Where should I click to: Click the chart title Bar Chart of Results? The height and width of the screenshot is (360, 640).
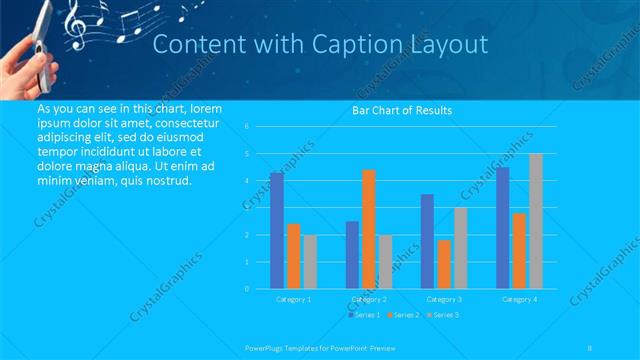pos(401,110)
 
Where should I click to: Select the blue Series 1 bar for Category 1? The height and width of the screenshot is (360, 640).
pos(277,230)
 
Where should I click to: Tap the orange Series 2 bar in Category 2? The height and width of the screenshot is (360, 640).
pos(369,229)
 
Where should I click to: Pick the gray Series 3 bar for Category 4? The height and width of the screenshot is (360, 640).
pos(536,221)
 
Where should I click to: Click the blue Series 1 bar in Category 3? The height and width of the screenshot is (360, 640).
pos(428,241)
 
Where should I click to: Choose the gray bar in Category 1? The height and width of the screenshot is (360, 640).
pos(310,262)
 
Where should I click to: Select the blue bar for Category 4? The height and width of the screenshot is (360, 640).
pos(503,228)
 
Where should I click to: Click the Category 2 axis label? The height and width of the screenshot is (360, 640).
pos(369,299)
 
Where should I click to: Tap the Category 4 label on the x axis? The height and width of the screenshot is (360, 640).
pos(519,299)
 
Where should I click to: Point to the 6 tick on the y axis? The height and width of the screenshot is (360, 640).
pos(246,127)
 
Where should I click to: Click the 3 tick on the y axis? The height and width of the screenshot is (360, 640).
pos(246,208)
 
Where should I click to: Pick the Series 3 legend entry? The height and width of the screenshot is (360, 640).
pos(442,315)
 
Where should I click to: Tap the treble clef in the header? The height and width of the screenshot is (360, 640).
pos(76,24)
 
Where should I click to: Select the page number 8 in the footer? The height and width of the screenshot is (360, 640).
pos(591,347)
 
